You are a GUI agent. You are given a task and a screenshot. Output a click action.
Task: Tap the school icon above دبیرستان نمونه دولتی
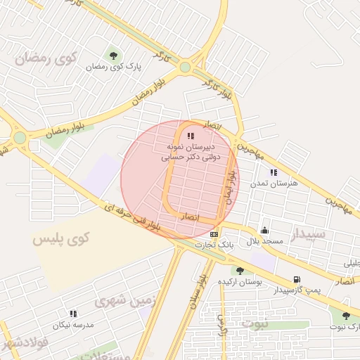[191, 135]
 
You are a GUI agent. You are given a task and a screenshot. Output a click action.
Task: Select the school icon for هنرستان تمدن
[274, 172]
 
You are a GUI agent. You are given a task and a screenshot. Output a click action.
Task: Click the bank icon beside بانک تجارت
[214, 234]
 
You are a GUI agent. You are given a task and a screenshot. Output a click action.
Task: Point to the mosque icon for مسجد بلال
[264, 231]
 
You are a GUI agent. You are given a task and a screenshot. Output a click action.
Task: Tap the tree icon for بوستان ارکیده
[240, 271]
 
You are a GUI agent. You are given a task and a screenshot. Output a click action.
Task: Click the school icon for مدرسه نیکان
[72, 314]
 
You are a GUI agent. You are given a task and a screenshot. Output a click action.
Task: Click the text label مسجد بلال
[264, 241]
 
